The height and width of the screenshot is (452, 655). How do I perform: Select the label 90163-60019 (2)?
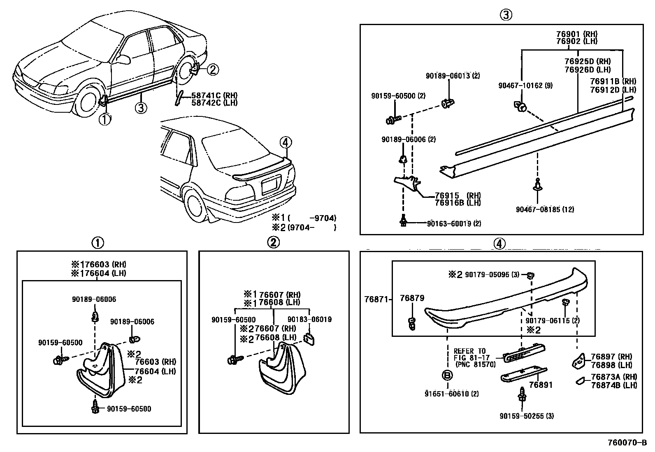pos(454,223)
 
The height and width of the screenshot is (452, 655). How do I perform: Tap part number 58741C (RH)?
pos(214,96)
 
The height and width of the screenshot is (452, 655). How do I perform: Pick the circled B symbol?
pos(447,375)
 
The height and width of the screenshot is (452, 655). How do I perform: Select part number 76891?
pos(541,385)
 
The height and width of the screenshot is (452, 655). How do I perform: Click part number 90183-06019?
pos(309,319)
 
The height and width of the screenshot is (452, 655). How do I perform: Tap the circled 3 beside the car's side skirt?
pos(141,108)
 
